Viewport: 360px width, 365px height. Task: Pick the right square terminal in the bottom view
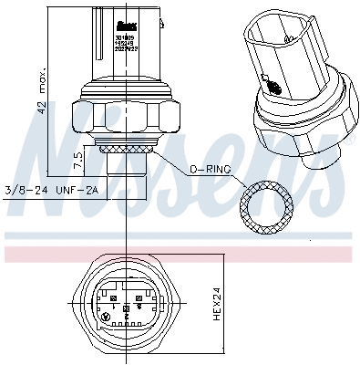pos(138,297)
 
